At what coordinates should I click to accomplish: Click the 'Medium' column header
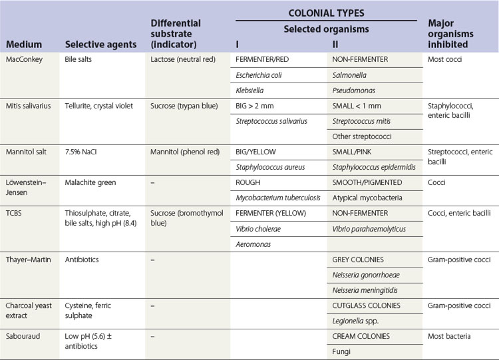click(24, 45)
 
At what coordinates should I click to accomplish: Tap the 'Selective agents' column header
click(100, 45)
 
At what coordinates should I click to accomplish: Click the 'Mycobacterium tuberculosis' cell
click(280, 198)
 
